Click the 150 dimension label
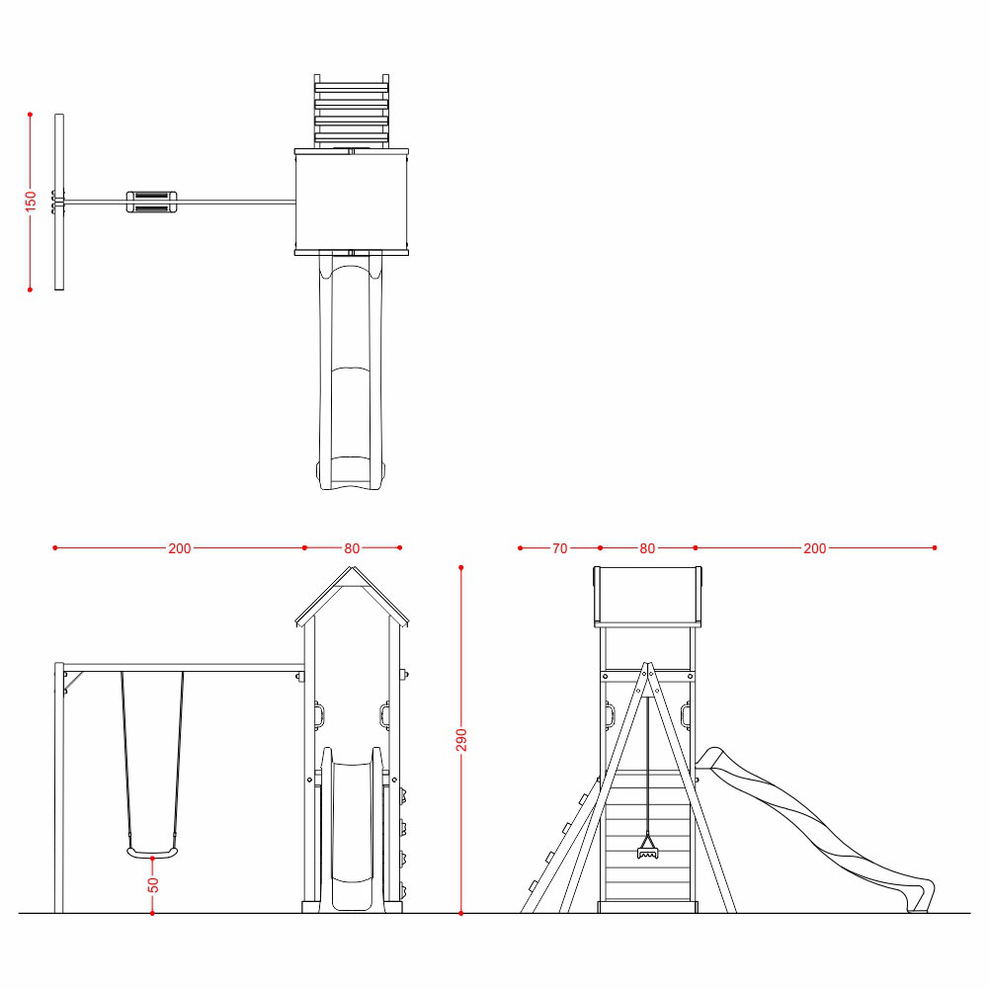point(31,202)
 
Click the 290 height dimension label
point(461,740)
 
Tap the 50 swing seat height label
point(153,885)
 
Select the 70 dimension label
point(559,548)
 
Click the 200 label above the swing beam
point(179,548)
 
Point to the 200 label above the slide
point(814,548)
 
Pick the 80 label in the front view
point(352,548)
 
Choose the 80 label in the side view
point(647,548)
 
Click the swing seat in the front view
point(152,853)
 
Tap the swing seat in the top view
point(151,202)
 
